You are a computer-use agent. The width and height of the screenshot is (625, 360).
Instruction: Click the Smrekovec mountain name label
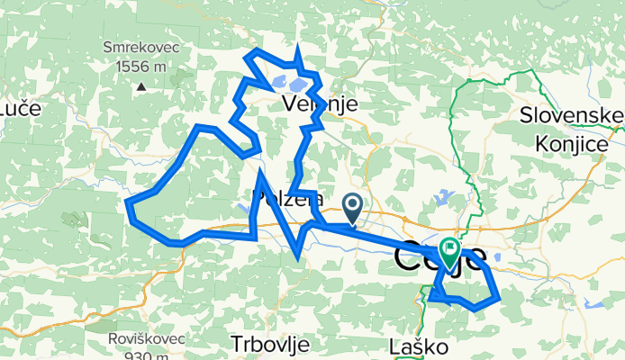pos(141,49)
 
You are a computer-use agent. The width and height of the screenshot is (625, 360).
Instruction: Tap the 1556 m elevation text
pos(141,66)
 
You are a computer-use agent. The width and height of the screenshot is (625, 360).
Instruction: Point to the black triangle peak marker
pos(141,86)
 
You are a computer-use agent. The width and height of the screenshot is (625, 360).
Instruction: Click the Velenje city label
pos(321,104)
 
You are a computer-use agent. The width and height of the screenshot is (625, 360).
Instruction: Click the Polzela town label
pos(288,199)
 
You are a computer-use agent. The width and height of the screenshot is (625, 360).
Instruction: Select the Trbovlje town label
pos(270,344)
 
